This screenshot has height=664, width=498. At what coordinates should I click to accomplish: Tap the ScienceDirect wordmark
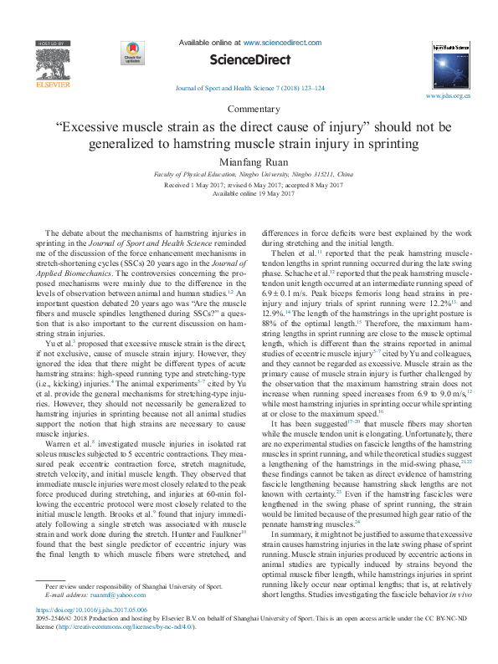tap(249, 60)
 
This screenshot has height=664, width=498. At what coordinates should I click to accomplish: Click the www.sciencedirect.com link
tap(282, 41)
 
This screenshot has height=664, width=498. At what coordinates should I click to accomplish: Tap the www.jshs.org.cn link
tap(448, 97)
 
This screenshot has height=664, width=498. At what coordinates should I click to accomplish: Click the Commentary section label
tap(249, 110)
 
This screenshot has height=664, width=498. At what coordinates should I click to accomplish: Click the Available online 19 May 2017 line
tap(249, 193)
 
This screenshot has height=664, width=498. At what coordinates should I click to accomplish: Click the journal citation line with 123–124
tap(249, 88)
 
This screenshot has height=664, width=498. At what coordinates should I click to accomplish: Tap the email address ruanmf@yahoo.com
tap(110, 595)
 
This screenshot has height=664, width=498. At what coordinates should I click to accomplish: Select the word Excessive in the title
tap(95, 127)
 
